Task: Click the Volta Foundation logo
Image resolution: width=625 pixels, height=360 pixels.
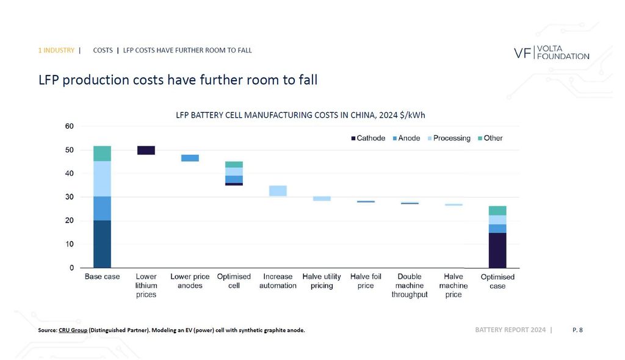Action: (x=551, y=52)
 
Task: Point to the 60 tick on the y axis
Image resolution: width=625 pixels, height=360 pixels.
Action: (x=69, y=127)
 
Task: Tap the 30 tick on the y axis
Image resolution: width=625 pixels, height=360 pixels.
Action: (x=69, y=197)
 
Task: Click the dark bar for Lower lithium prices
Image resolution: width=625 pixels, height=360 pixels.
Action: (x=146, y=150)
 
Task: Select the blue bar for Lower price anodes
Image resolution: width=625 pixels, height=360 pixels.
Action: (x=190, y=158)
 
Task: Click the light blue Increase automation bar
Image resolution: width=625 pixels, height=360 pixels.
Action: (x=278, y=190)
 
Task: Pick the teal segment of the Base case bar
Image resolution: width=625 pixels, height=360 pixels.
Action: (x=102, y=153)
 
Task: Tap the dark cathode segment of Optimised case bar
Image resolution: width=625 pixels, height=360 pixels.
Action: (x=497, y=250)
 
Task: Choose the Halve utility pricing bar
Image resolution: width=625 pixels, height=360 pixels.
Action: (x=322, y=198)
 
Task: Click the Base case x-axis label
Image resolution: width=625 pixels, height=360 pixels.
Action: (x=102, y=277)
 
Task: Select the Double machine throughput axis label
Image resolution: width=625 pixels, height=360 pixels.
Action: (x=410, y=286)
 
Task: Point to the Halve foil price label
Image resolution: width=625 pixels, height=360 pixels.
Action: (x=366, y=281)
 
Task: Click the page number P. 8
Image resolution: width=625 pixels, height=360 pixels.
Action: (x=577, y=330)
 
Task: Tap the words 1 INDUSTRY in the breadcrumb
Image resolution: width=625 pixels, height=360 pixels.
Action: (x=56, y=50)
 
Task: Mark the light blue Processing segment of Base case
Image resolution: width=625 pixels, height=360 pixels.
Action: (x=102, y=178)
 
